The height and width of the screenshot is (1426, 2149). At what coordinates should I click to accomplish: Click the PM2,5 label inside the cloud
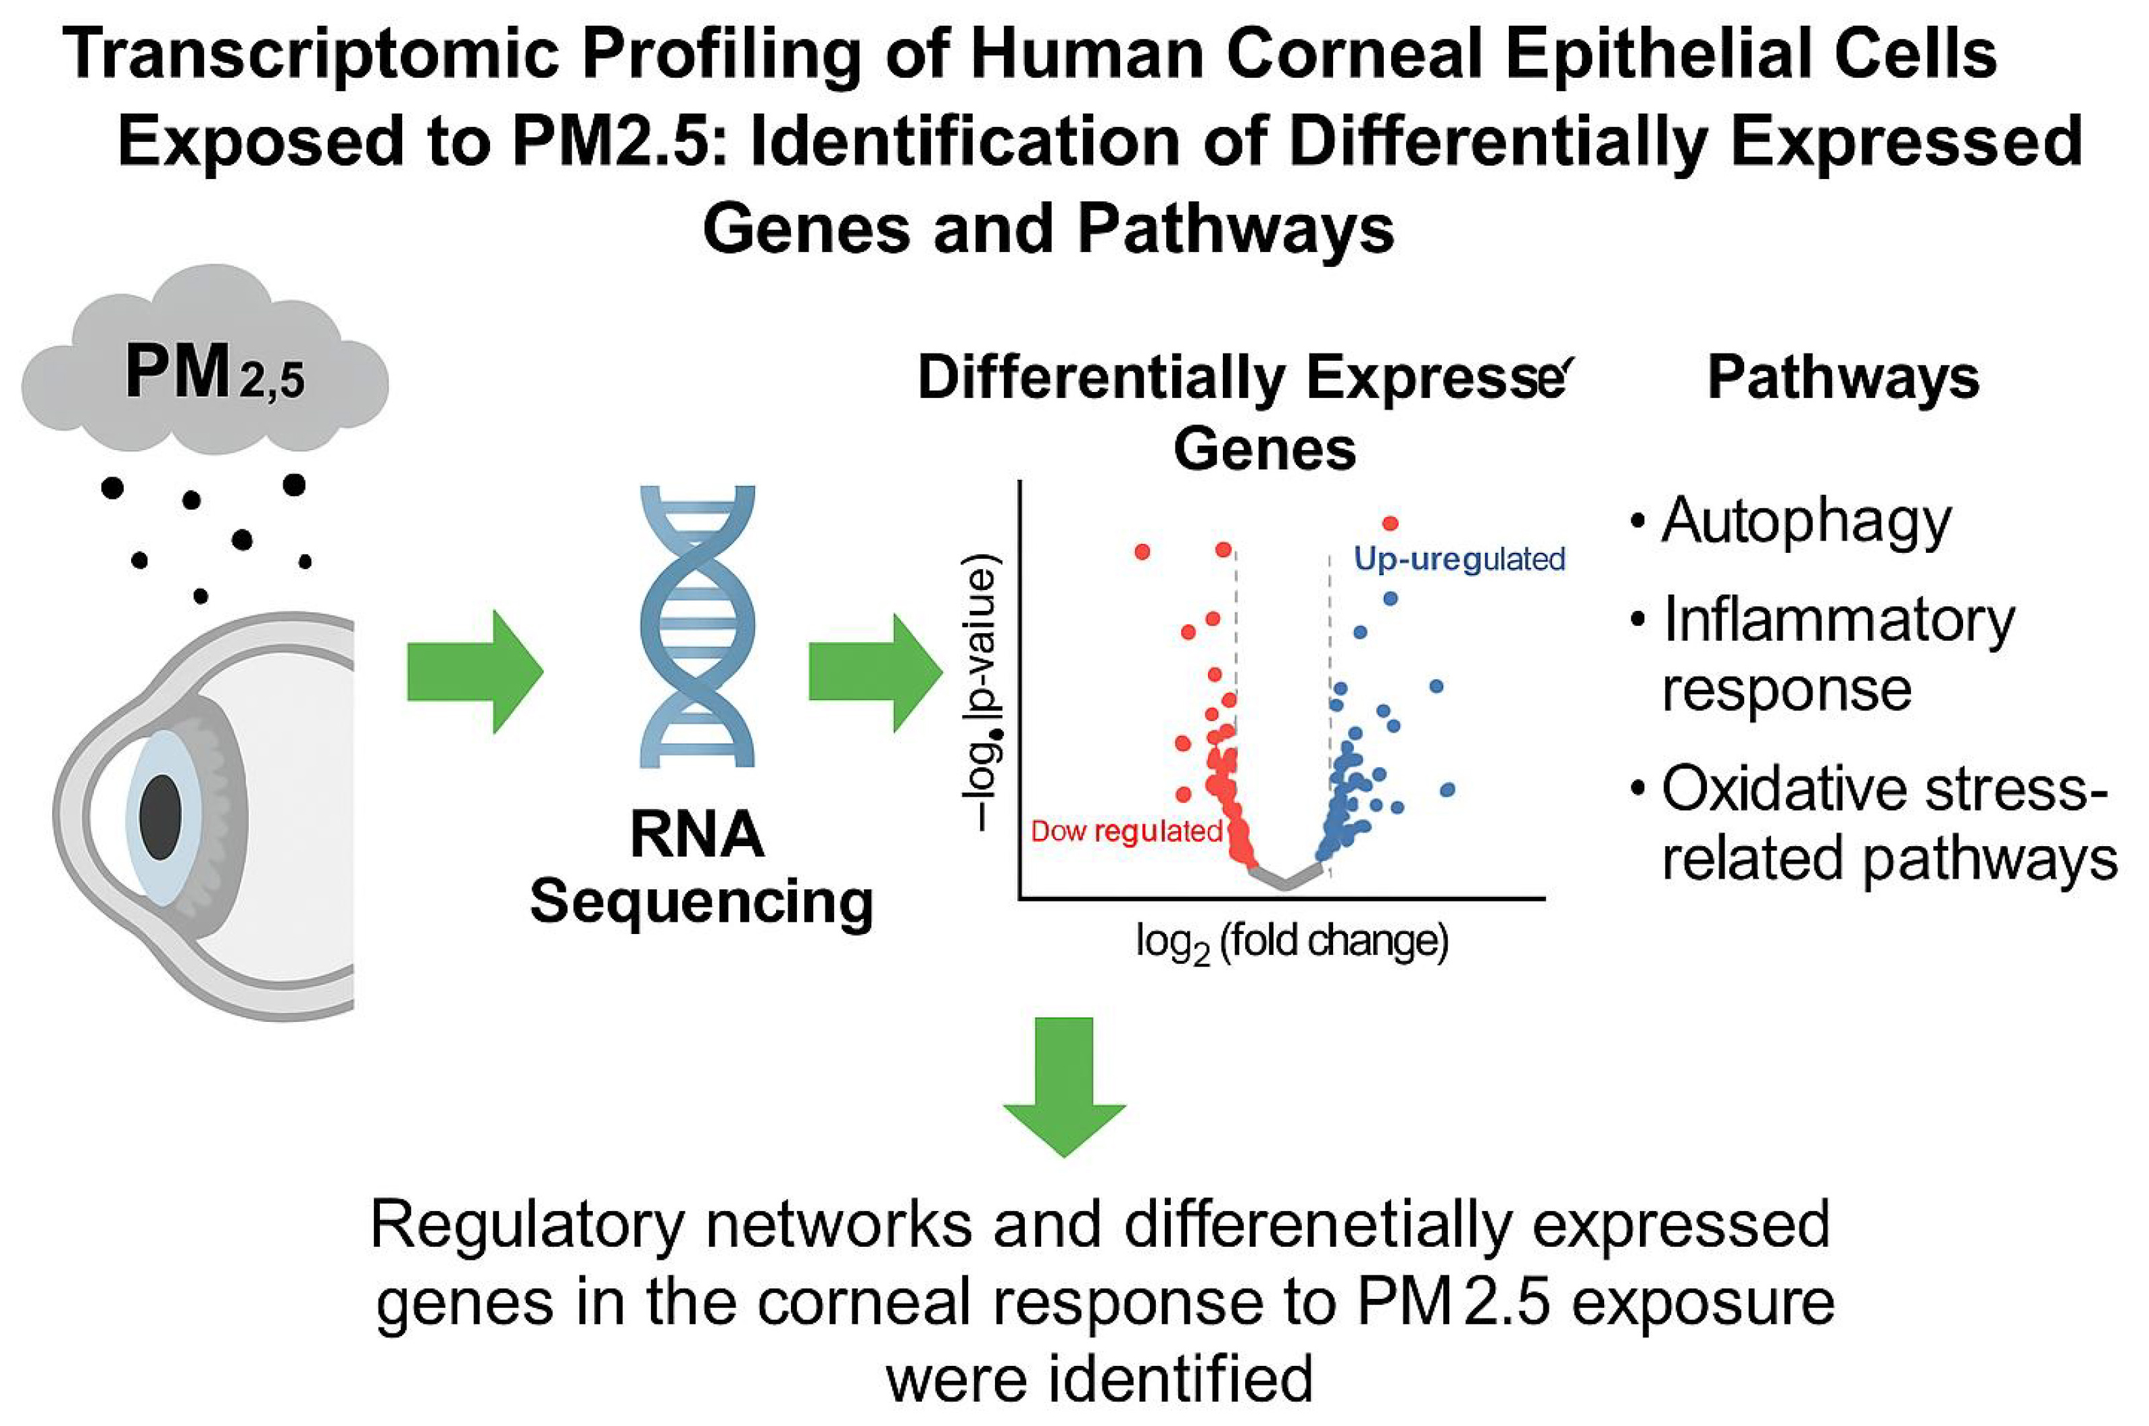[214, 374]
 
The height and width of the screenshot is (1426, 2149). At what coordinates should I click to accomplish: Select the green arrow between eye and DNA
[474, 672]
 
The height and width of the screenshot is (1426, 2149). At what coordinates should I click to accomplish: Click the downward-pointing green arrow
[1064, 1086]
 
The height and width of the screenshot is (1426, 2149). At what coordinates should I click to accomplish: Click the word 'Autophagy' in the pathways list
[1805, 522]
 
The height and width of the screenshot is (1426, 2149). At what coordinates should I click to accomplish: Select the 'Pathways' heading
[1843, 376]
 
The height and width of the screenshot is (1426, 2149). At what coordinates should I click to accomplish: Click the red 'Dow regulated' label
[1126, 831]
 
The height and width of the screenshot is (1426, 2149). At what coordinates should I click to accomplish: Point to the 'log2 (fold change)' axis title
[1291, 942]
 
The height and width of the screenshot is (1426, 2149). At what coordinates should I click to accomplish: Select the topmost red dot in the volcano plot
[1390, 523]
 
